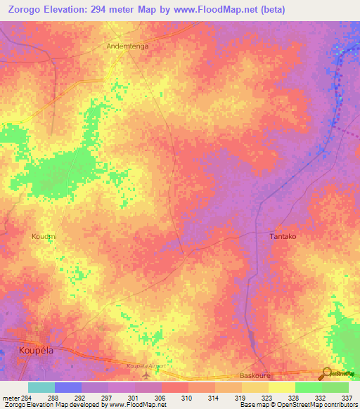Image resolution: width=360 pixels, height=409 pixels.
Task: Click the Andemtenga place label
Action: [x=127, y=46]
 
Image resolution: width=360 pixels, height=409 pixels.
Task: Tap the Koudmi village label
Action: [x=44, y=237]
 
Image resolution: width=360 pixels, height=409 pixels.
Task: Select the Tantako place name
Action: [x=283, y=237]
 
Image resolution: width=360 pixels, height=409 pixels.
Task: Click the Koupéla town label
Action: [x=36, y=349]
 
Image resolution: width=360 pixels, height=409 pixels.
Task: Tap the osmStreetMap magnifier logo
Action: [x=327, y=374]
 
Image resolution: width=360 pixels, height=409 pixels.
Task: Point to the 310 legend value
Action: [x=188, y=397]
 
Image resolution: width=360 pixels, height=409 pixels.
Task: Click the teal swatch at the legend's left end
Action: [x=41, y=387]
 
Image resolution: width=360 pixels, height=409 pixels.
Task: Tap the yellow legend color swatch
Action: [x=281, y=387]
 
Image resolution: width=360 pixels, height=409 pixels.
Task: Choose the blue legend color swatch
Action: [x=68, y=387]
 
